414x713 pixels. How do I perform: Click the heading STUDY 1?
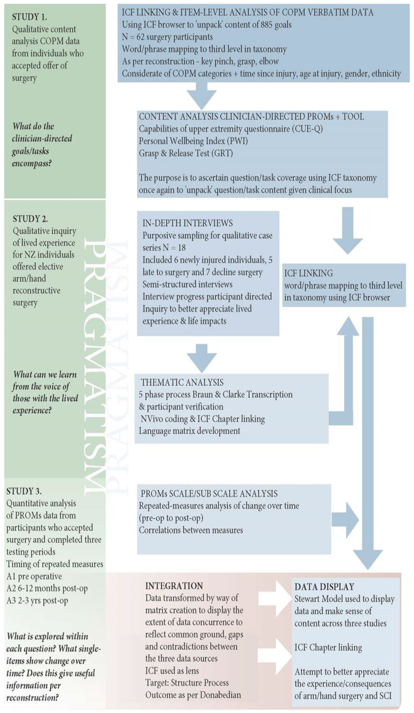point(30,17)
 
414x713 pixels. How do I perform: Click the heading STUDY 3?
point(24,491)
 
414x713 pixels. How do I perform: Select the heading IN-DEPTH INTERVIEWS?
point(187,223)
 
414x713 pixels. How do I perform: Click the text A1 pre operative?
point(34,576)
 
